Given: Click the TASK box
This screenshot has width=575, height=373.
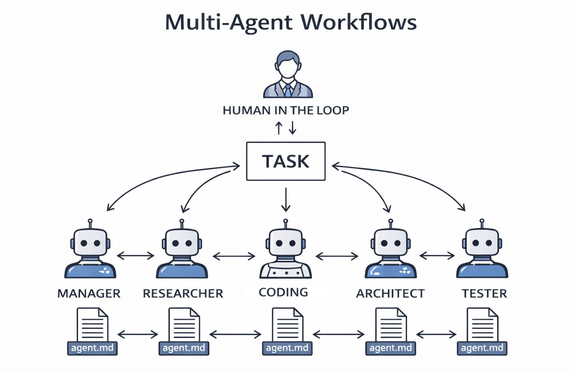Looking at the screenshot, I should click(x=286, y=161).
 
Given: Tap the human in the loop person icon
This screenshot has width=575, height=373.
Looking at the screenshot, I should click(x=288, y=74).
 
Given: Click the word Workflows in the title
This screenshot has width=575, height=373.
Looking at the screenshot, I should click(x=358, y=22).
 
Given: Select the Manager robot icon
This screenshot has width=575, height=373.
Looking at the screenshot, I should click(x=90, y=251).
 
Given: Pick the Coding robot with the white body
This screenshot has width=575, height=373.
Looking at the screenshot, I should click(x=286, y=252).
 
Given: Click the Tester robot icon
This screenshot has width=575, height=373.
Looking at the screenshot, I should click(x=482, y=251).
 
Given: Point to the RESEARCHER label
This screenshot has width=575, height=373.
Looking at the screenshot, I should click(x=183, y=294).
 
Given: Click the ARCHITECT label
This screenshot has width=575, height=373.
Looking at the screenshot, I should click(x=390, y=294).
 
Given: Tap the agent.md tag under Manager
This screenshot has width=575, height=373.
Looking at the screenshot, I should click(x=92, y=348).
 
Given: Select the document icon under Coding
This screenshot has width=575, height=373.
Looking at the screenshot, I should click(x=288, y=324).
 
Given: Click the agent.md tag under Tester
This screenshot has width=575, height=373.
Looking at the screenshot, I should click(x=482, y=348).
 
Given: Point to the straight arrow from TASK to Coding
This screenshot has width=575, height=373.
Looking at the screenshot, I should click(x=286, y=199).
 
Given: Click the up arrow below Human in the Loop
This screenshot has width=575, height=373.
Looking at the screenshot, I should click(x=279, y=128).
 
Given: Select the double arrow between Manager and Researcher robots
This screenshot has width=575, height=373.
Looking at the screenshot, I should click(x=136, y=256).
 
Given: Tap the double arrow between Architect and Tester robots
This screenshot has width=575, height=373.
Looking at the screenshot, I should click(x=437, y=256).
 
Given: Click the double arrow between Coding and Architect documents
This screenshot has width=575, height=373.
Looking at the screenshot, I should click(x=338, y=334).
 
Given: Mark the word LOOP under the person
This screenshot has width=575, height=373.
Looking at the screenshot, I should click(x=333, y=110).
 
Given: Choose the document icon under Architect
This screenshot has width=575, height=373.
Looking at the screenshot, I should click(x=391, y=324).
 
